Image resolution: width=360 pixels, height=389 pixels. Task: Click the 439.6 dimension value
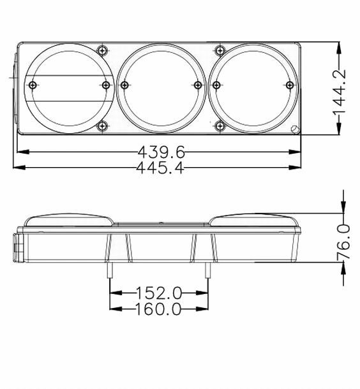pos(161,152)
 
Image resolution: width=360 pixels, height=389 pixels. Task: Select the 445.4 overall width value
pos(160,168)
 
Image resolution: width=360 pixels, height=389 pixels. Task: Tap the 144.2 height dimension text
pos(340,92)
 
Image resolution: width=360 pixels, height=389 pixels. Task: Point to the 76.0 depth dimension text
pos(343,242)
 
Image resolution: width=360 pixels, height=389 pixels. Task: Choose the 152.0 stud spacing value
pos(159,293)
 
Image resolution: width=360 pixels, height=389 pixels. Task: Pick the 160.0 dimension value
pos(159,309)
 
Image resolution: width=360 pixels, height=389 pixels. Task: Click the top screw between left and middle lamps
pos(102,50)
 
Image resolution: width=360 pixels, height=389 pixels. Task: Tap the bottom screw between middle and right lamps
pos(220,126)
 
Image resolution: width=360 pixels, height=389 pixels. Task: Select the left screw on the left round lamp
pos(33,85)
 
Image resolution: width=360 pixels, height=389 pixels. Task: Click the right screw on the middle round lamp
pos(198,85)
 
